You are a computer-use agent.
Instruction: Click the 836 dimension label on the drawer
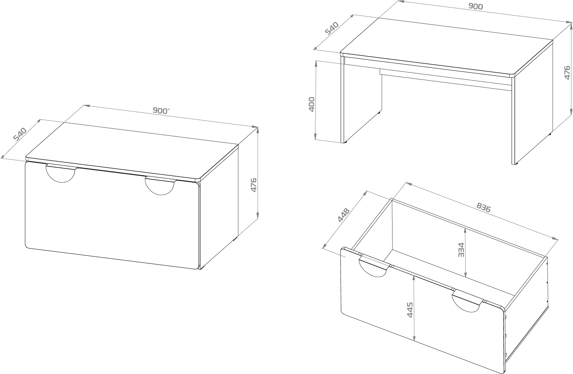483,207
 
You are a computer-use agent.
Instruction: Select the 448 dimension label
343,215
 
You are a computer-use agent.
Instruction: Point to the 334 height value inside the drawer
461,250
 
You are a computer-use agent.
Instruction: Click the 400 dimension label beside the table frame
312,104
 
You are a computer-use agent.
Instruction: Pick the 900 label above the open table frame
475,7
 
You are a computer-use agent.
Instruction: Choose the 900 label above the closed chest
161,110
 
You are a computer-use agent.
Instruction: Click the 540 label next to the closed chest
20,134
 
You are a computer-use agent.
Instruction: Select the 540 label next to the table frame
332,28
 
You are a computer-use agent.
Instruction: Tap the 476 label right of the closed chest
253,185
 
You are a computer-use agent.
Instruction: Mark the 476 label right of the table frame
567,73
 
